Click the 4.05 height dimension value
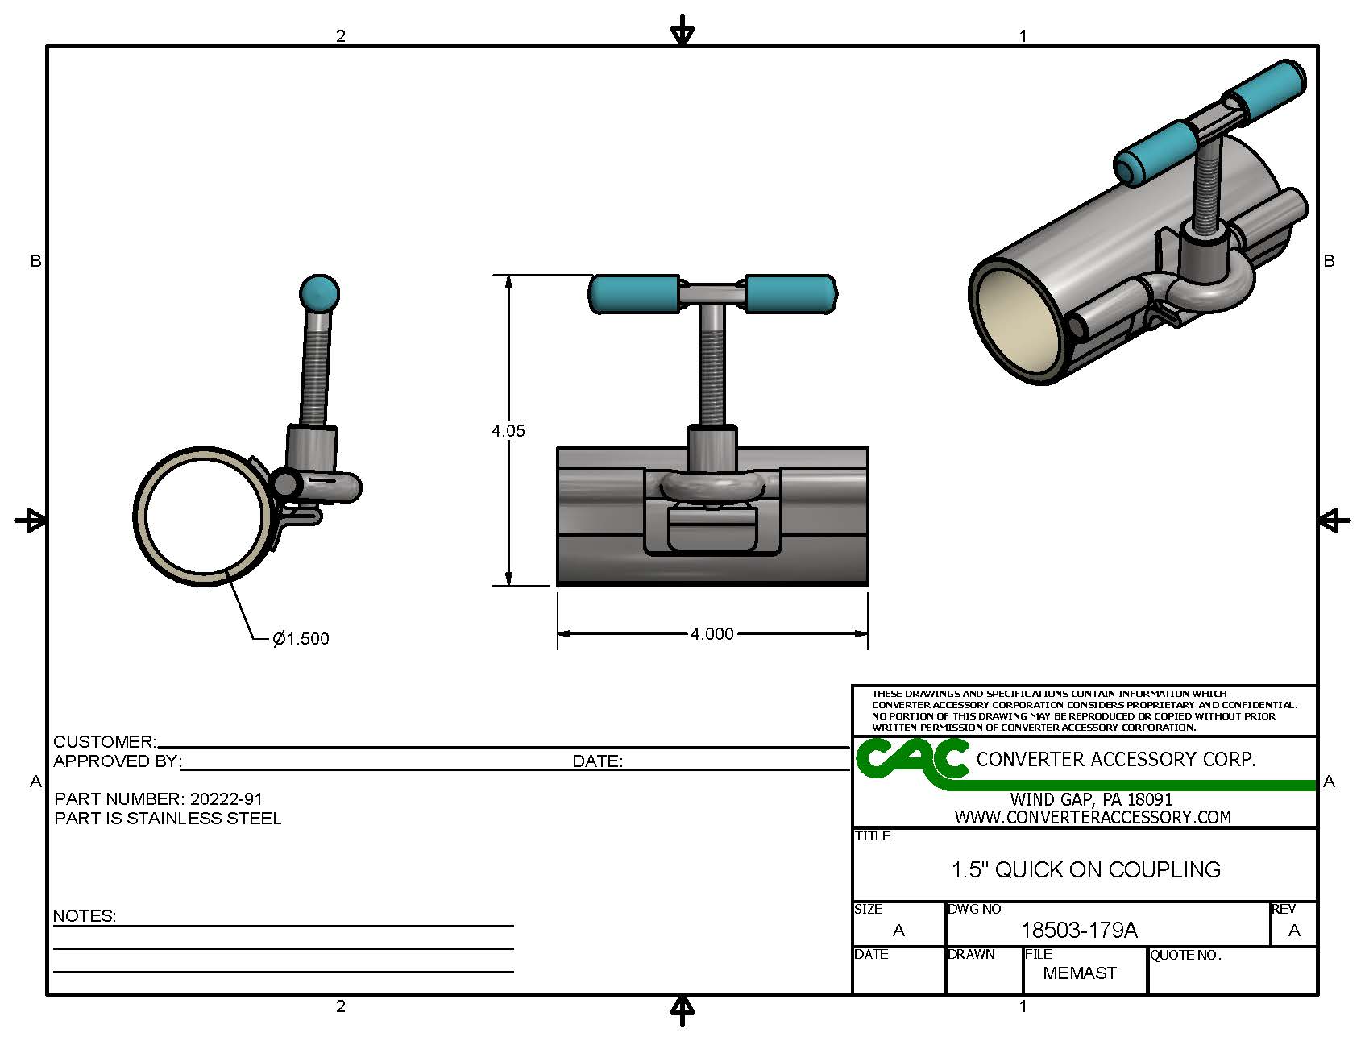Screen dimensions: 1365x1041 (x=508, y=431)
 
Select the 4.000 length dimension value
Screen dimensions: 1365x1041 (x=712, y=634)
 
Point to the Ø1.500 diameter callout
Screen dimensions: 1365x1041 (x=301, y=639)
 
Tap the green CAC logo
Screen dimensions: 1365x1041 (x=912, y=760)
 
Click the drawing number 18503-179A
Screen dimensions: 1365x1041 (x=1079, y=931)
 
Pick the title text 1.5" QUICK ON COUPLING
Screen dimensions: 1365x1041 (x=1085, y=870)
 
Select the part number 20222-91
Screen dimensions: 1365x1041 (x=226, y=799)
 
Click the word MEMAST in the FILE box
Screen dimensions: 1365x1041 (x=1080, y=973)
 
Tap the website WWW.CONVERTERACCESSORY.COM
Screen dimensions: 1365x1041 (x=1093, y=817)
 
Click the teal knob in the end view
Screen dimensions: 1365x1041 (x=319, y=292)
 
